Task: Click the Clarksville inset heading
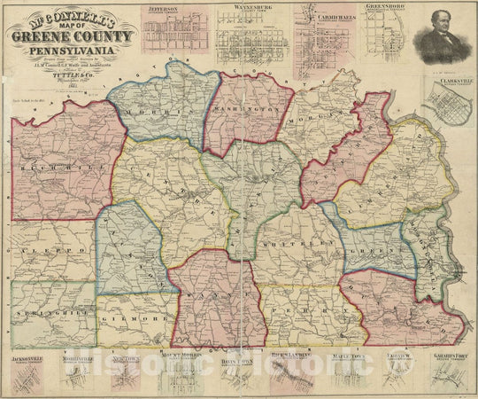(x=454, y=80)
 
